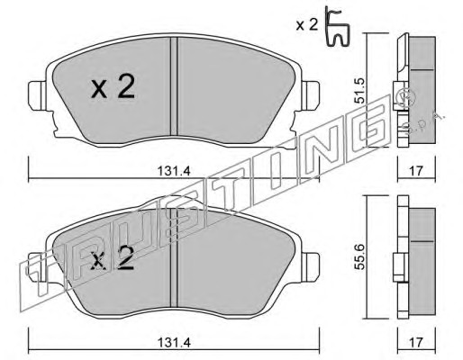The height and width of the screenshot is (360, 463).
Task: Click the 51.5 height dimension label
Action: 359,91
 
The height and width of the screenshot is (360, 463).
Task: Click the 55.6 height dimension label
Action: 359,256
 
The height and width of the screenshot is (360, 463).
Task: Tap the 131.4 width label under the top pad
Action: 174,172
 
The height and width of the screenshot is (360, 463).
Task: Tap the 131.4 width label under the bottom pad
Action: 174,342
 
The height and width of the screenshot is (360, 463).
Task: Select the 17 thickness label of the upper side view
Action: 416,171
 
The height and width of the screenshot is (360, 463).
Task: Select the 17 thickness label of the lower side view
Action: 416,342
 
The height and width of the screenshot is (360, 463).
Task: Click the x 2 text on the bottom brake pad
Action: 113,257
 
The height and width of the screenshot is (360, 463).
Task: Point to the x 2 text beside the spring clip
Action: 307,25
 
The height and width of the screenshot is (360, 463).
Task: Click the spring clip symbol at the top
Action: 338,27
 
